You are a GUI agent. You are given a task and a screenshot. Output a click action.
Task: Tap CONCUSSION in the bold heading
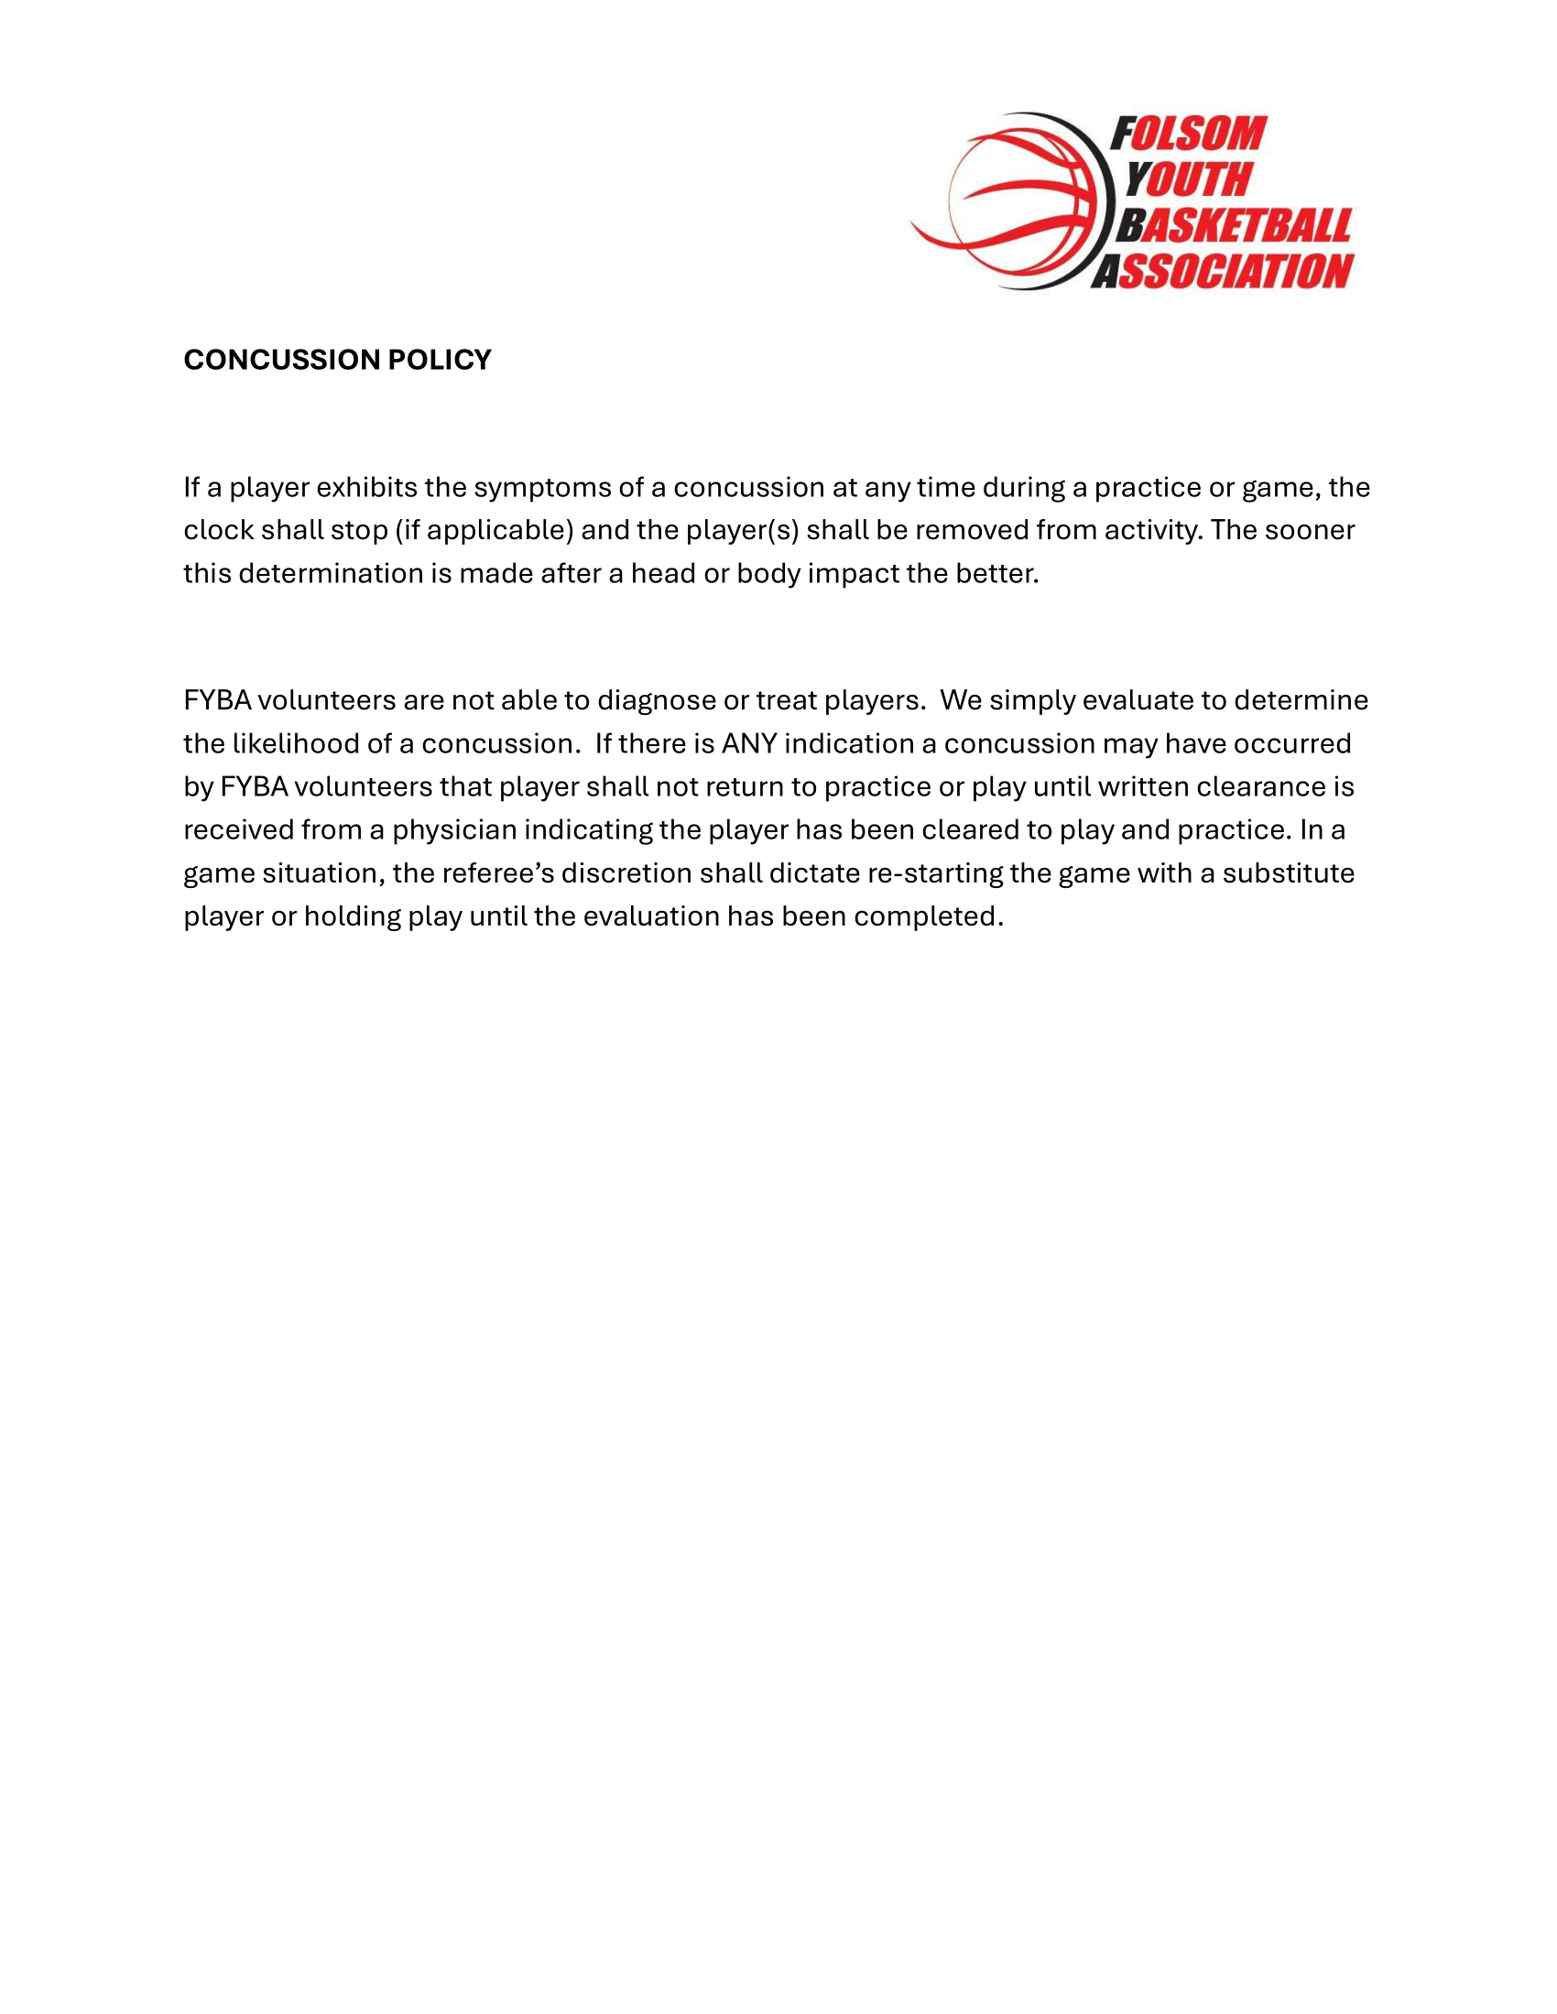point(281,360)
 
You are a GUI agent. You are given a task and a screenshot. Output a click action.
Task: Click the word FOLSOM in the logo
point(1188,135)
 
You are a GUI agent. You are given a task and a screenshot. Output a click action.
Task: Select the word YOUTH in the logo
point(1188,179)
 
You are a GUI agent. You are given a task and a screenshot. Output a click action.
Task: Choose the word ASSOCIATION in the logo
point(1222,272)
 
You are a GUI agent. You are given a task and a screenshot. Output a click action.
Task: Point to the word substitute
point(1288,873)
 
